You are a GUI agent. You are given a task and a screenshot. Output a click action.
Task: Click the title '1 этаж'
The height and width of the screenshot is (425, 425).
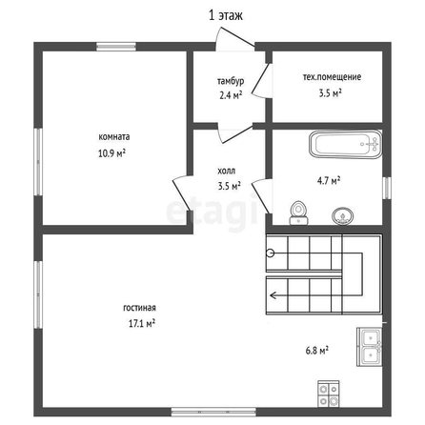[226, 15]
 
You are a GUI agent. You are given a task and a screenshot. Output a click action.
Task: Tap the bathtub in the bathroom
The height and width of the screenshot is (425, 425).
[346, 144]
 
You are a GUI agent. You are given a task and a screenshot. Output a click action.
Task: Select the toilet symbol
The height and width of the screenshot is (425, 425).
[298, 213]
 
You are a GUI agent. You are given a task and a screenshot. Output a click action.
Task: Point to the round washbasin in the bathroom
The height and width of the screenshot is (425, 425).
[343, 216]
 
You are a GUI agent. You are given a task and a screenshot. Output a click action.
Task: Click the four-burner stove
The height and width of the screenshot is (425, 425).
[329, 394]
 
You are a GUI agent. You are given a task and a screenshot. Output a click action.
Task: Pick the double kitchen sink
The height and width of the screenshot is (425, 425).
[370, 347]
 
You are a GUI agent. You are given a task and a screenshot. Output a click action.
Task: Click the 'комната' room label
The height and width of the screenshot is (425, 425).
[114, 137]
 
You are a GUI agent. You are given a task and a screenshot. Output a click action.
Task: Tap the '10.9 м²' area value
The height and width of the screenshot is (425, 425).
[111, 153]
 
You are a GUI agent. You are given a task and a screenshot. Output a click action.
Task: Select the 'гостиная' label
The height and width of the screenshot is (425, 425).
[139, 308]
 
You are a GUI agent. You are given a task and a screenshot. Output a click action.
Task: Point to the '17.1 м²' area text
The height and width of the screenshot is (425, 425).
[142, 323]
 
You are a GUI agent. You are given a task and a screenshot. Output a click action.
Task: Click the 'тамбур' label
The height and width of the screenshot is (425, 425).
[231, 81]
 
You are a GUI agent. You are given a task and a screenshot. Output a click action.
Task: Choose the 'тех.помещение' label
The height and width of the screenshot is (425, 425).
[332, 77]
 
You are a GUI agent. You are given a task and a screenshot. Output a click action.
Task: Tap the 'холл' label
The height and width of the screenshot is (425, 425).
[226, 171]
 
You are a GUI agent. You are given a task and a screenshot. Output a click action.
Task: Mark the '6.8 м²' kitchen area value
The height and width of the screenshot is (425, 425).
[317, 351]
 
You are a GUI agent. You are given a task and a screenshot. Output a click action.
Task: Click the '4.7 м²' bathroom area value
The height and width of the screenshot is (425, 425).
[329, 181]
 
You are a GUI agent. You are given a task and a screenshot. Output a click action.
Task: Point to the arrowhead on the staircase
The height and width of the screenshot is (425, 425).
[273, 295]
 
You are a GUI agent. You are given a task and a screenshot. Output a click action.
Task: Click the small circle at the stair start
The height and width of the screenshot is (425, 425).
[271, 253]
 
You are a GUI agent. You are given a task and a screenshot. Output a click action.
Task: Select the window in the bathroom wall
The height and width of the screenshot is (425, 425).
[387, 188]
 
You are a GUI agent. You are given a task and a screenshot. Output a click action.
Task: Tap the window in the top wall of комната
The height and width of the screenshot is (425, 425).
[116, 47]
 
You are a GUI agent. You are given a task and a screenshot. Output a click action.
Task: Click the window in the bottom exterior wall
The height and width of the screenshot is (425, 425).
[213, 412]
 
